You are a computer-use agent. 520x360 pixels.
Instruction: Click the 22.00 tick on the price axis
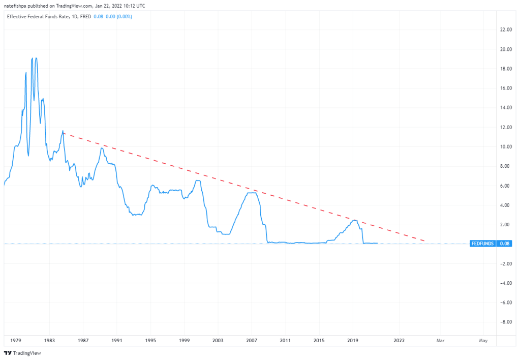pos(506,30)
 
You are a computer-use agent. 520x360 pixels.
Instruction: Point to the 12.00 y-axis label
pos(506,127)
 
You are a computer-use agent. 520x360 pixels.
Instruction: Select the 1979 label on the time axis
pos(15,340)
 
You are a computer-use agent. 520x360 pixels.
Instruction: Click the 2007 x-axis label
pos(252,340)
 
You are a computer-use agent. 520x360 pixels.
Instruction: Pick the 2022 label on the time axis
pos(399,340)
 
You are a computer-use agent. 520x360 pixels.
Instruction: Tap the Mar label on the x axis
pos(441,340)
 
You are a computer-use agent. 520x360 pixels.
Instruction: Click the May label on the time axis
pos(483,340)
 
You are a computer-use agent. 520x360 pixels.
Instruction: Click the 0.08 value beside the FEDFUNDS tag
pos(505,244)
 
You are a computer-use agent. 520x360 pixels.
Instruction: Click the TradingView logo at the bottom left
pos(22,353)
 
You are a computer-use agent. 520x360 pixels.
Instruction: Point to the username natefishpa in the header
pos(18,6)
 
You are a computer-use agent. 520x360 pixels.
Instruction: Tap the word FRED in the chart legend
pos(85,16)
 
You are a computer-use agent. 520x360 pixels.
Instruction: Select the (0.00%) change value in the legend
pos(124,16)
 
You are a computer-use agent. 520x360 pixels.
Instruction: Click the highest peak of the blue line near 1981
pos(36,58)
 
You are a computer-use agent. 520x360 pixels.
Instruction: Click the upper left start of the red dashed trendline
pos(64,133)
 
